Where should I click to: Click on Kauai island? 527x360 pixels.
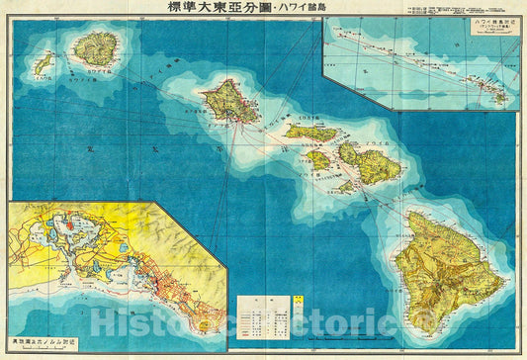coord(96,46)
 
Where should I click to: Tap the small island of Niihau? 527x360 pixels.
coord(42,66)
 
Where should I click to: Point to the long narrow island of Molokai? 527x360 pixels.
coord(310,133)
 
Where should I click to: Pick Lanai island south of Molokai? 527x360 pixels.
coord(316,159)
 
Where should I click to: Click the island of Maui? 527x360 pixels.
coord(374,163)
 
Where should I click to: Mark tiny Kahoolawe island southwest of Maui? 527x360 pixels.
coord(343,185)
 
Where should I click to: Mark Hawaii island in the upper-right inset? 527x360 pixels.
coord(499,96)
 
